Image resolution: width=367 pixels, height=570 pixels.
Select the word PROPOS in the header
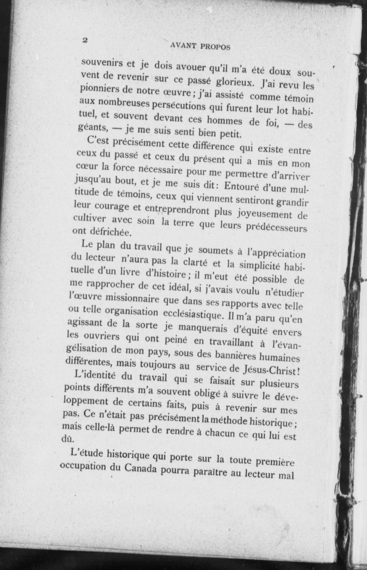click(215, 47)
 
